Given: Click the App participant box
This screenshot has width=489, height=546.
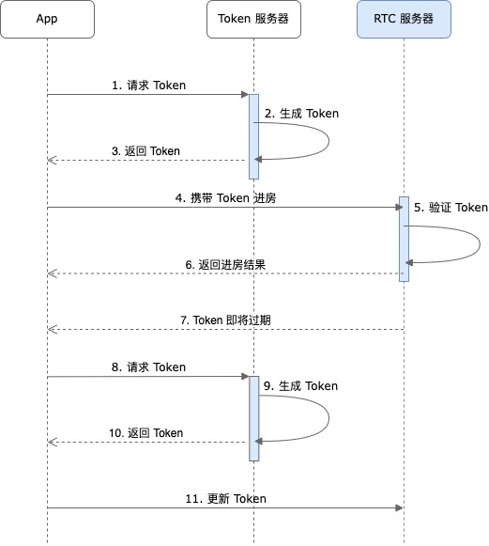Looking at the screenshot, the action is coord(47,19).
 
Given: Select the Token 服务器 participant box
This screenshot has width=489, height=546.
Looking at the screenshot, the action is coord(253,19).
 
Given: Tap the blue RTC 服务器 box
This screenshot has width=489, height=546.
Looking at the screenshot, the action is coord(404,19).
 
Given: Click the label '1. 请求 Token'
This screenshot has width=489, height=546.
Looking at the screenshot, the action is coord(148,86).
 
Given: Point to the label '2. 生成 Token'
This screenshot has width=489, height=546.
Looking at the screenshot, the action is coord(301,114).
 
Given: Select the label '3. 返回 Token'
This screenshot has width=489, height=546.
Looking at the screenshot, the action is coord(145,151).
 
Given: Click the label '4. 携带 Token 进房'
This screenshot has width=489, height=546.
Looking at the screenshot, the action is coord(225,198).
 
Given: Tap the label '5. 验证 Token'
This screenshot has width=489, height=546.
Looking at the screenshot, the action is coord(451,208).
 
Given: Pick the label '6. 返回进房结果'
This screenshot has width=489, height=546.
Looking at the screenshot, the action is coord(225,265).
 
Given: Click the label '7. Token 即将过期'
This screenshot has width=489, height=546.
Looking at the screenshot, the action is coord(225,320).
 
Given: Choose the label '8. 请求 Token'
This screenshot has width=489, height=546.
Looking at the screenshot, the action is coord(148,367).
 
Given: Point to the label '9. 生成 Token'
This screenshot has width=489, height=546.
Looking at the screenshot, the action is coord(301,386).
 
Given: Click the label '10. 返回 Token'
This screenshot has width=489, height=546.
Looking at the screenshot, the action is coord(146,433).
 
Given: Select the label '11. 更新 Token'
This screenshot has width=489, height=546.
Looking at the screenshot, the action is coord(225,499).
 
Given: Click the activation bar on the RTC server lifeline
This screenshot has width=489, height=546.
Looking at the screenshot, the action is coord(404,239).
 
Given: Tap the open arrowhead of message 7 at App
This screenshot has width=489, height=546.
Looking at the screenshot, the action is coord(52,329).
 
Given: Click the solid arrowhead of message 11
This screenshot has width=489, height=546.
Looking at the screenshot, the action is coord(399,507).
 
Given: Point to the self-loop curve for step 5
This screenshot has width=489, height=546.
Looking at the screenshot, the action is coord(480,243).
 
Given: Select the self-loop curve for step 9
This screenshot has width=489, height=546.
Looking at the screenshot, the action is coord(329,418).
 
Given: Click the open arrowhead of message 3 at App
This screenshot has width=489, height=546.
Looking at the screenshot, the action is coord(52,160).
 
